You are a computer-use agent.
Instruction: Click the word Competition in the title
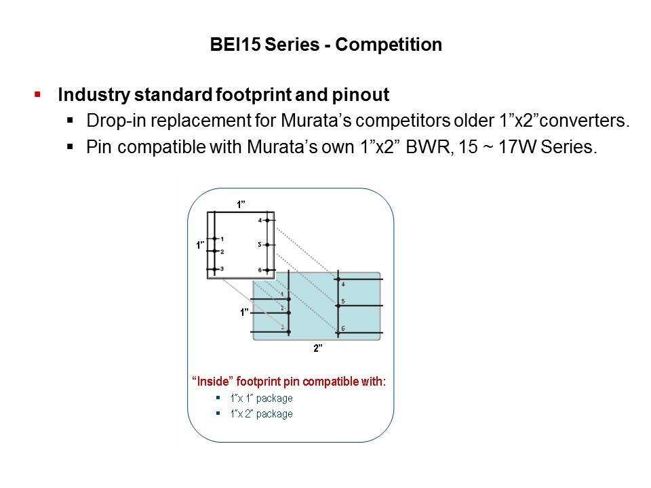[388, 45]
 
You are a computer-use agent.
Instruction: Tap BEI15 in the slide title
[235, 45]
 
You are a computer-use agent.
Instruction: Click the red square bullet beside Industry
[37, 95]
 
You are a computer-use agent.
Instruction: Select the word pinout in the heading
[360, 95]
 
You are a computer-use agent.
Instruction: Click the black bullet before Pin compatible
[70, 146]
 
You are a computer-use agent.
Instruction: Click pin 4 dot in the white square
[267, 220]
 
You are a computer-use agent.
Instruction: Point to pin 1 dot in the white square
[215, 239]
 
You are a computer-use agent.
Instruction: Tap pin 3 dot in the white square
[215, 270]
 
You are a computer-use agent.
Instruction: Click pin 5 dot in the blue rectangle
[338, 306]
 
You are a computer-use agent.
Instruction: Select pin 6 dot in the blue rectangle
[338, 332]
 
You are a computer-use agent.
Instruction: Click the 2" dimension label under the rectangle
[318, 348]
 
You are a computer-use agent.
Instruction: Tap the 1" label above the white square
[241, 204]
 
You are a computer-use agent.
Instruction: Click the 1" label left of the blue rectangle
[244, 312]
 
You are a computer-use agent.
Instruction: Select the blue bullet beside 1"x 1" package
[218, 398]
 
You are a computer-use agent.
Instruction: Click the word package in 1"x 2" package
[274, 414]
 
